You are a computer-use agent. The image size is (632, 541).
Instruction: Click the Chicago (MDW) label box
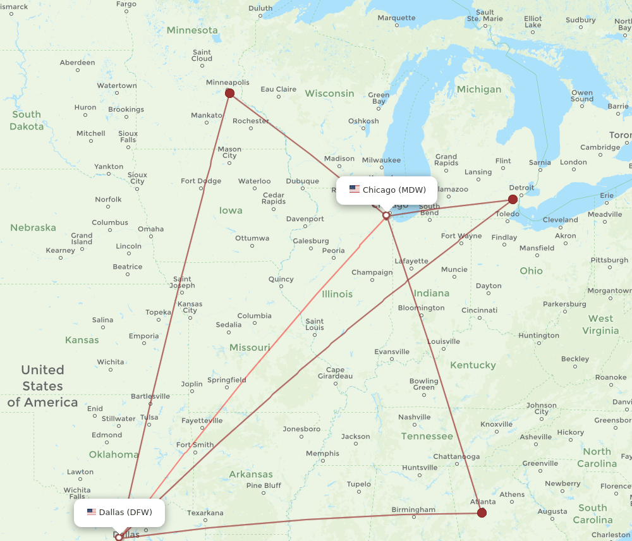pos(387,190)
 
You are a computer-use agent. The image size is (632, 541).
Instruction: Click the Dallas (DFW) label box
pos(119,512)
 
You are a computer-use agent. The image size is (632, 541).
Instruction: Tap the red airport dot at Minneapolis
pos(230,94)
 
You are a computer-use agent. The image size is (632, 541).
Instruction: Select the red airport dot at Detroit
pos(513,199)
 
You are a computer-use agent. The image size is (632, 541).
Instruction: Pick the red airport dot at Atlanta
pos(482,513)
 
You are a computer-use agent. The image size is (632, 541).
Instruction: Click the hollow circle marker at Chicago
pos(386,216)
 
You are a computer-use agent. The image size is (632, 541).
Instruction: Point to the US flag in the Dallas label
pos(92,512)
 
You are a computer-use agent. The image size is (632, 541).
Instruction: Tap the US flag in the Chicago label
pos(355,190)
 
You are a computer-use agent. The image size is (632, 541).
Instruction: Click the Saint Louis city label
pos(315,324)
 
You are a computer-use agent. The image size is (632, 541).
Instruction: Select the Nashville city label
pos(415,417)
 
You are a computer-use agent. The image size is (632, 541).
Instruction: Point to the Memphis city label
pos(322,454)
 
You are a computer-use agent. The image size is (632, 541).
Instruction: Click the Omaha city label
pos(150,229)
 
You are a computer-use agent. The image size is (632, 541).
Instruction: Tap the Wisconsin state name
pos(329,94)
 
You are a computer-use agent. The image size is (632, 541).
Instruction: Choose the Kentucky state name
pos(473,365)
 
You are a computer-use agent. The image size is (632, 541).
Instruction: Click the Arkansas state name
pos(251,474)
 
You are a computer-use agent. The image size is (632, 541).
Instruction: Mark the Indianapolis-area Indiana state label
pos(432,293)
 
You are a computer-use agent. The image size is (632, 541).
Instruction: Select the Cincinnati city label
pos(479,310)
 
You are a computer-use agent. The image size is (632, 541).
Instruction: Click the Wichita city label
pos(111,362)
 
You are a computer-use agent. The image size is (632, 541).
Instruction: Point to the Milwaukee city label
pos(381,160)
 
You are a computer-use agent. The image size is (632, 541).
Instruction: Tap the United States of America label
pos(42,386)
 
